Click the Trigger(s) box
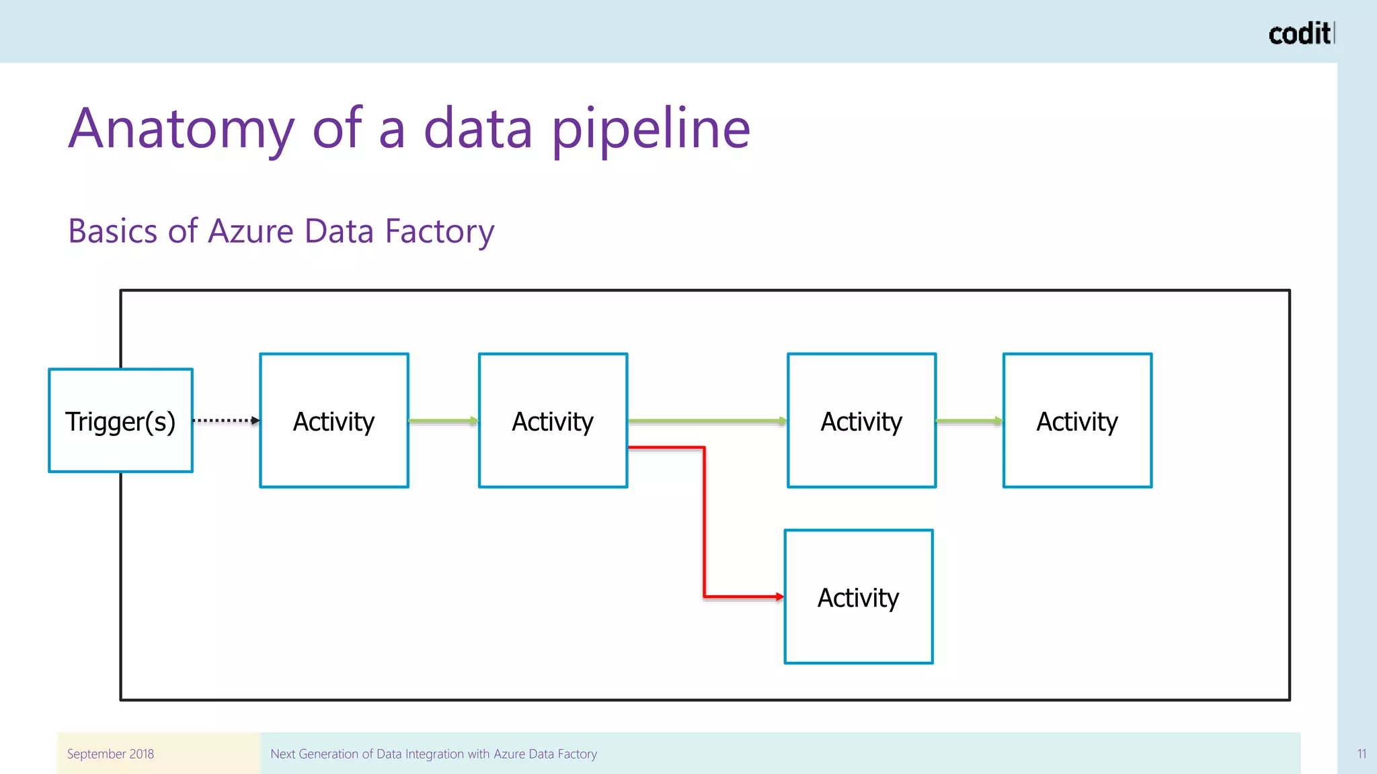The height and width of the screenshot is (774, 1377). click(120, 421)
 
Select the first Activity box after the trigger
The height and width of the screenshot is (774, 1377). click(334, 421)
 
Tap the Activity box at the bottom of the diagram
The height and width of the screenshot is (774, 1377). click(859, 597)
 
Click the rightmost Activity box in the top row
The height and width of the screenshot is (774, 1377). click(1077, 421)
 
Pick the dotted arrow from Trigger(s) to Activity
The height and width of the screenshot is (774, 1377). click(225, 421)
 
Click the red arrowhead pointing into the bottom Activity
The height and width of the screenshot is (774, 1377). click(779, 596)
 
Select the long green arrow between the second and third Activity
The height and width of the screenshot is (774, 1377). click(706, 421)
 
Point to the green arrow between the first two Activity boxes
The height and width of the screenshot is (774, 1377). click(442, 421)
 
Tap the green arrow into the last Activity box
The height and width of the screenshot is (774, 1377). click(968, 421)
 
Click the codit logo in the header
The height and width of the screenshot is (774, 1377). click(1299, 34)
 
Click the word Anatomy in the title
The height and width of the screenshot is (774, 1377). click(182, 129)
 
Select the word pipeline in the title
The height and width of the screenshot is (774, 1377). click(650, 129)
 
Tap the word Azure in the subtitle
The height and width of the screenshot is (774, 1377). click(251, 231)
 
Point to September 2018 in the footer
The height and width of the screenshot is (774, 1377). click(110, 754)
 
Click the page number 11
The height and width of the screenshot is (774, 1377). click(1361, 754)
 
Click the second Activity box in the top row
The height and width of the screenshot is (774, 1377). click(553, 421)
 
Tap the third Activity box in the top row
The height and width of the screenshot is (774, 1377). click(861, 421)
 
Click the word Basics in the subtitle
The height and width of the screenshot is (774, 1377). click(113, 231)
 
